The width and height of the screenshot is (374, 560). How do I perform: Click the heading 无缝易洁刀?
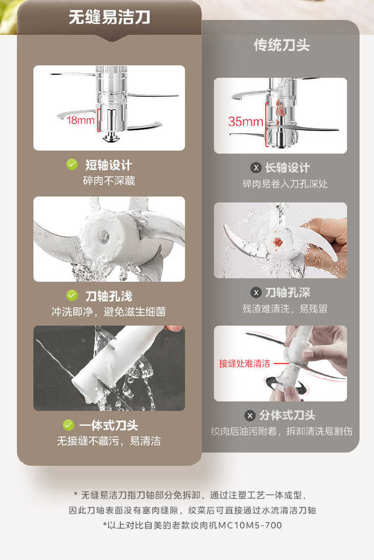(x=109, y=17)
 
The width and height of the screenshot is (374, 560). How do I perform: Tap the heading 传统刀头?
(x=282, y=45)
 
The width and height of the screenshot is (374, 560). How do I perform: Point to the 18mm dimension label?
(x=80, y=120)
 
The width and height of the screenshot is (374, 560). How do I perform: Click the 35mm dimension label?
(x=245, y=121)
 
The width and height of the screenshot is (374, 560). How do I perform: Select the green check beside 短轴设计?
(x=72, y=164)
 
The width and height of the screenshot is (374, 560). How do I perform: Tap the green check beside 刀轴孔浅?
(x=72, y=295)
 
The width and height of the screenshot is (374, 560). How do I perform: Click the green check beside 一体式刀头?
(x=68, y=425)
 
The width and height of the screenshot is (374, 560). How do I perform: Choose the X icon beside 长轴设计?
(x=256, y=168)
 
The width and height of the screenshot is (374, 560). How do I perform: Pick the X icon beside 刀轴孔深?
(x=256, y=293)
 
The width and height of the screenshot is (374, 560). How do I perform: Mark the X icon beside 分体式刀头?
(x=250, y=416)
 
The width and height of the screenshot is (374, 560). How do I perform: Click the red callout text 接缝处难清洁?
(x=244, y=364)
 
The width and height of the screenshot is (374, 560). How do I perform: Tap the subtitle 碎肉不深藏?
(x=109, y=181)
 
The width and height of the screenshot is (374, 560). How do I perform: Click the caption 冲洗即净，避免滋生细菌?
(x=109, y=312)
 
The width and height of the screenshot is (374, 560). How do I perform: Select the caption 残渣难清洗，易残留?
(x=285, y=308)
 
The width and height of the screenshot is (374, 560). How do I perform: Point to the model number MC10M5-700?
(x=250, y=525)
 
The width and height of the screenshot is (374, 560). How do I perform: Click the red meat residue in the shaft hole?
(x=278, y=242)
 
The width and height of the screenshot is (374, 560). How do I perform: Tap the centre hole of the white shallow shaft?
(x=104, y=235)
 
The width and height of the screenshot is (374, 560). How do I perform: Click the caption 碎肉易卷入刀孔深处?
(x=285, y=184)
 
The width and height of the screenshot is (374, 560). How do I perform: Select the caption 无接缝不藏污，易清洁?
(x=109, y=441)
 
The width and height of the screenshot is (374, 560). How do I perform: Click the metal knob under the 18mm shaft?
(x=112, y=136)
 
